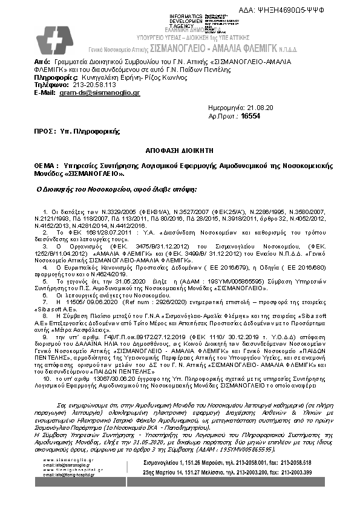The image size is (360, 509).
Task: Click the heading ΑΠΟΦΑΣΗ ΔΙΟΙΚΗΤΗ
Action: [179, 148]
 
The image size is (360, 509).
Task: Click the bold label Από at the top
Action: [42, 62]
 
